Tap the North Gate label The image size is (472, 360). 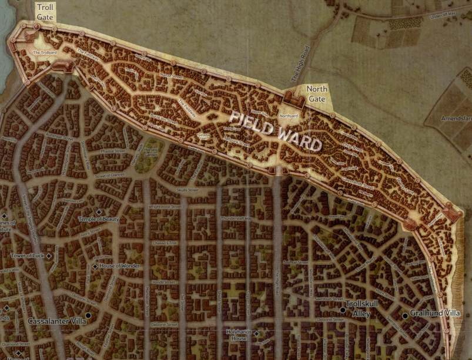click(317, 94)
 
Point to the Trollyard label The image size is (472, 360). click(45, 52)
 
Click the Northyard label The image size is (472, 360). click(289, 116)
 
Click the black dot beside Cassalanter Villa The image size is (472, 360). click(88, 315)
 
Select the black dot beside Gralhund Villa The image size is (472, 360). click(405, 315)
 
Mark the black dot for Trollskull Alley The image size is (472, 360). click(343, 309)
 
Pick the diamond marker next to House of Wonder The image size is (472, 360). click(95, 266)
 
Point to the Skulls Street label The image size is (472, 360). click(188, 190)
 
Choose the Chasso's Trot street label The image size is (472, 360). click(164, 243)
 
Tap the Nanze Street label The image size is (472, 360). click(172, 76)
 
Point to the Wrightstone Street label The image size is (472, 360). click(165, 207)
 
